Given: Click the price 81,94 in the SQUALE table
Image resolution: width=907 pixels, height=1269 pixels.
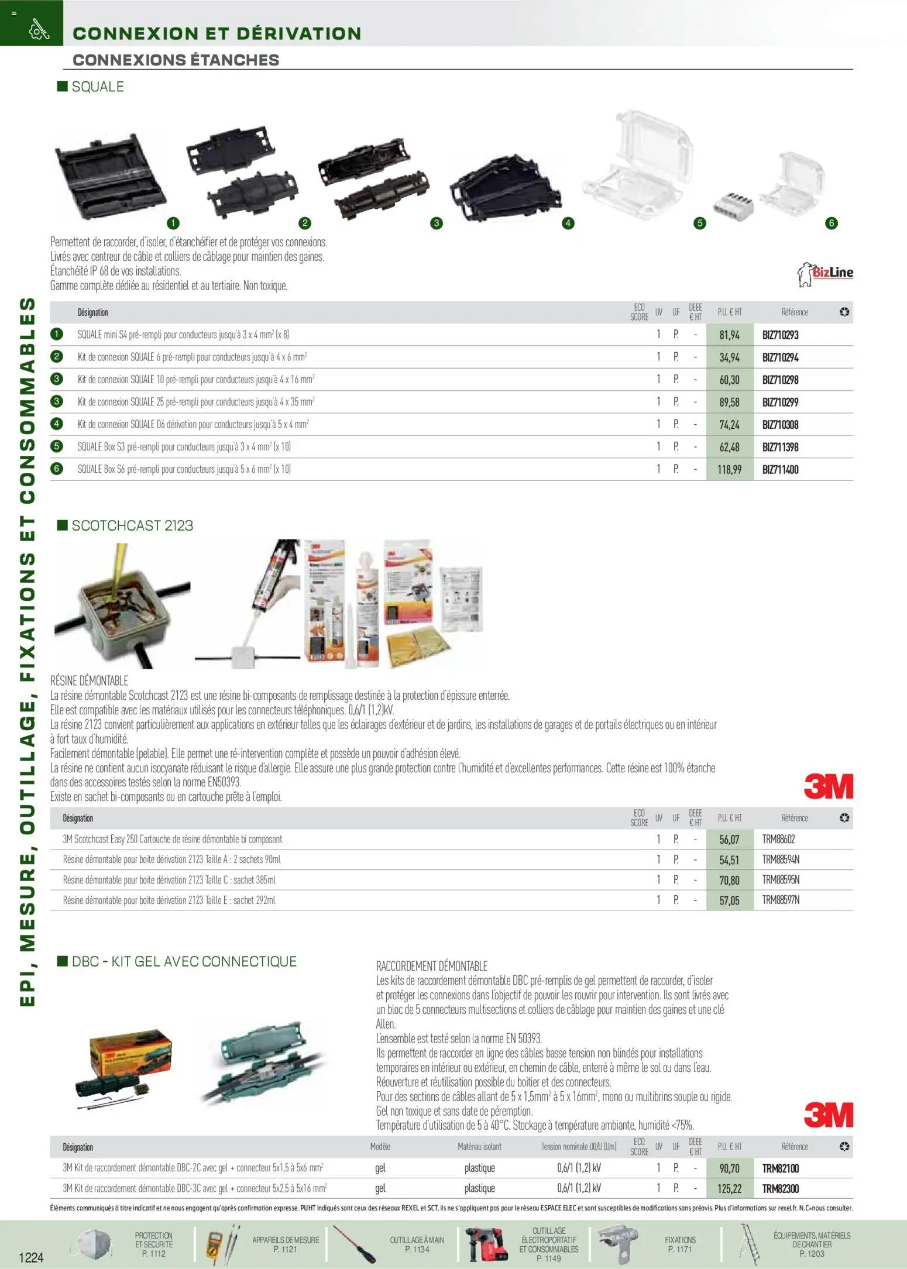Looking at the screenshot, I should pyautogui.click(x=729, y=335).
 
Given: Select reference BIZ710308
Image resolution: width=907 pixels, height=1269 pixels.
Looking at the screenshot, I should pyautogui.click(x=780, y=425).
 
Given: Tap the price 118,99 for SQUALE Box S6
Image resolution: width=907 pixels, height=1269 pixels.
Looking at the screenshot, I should pyautogui.click(x=729, y=470).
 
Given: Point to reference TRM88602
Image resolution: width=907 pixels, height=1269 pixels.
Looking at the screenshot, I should pyautogui.click(x=778, y=840).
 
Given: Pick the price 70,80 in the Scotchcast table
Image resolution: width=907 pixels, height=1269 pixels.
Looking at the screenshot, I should pyautogui.click(x=729, y=881).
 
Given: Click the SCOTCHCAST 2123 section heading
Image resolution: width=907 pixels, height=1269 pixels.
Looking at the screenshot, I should pyautogui.click(x=132, y=525).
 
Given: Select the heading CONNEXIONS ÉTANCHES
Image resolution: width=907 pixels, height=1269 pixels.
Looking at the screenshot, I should pyautogui.click(x=176, y=60).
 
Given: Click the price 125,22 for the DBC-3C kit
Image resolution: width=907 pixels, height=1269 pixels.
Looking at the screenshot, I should pyautogui.click(x=729, y=1189).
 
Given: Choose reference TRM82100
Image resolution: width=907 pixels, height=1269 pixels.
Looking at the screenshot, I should pyautogui.click(x=780, y=1168).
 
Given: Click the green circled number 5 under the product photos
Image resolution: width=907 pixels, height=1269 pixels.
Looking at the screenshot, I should pyautogui.click(x=699, y=223).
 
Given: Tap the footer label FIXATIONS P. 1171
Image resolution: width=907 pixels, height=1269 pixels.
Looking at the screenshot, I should pyautogui.click(x=680, y=1244).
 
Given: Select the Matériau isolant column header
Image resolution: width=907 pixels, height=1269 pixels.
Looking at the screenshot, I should pyautogui.click(x=479, y=1147).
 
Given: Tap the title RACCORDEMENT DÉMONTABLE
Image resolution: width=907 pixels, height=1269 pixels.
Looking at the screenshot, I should pyautogui.click(x=432, y=966).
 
